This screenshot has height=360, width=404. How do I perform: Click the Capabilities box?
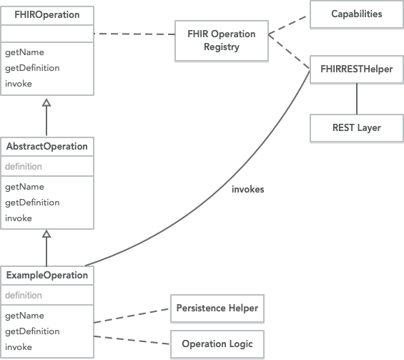356,14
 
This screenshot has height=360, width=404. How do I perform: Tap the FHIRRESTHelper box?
356,69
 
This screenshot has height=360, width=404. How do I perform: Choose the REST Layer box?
356,127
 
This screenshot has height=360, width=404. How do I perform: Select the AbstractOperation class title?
46,146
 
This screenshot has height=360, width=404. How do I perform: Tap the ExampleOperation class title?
46,276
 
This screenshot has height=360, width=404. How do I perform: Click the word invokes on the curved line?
247,190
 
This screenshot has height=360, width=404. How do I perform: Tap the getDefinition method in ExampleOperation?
32,331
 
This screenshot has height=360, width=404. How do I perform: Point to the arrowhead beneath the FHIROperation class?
46,102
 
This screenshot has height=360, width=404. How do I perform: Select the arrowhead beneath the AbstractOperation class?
46,234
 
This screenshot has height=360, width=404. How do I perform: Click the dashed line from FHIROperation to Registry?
134,33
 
